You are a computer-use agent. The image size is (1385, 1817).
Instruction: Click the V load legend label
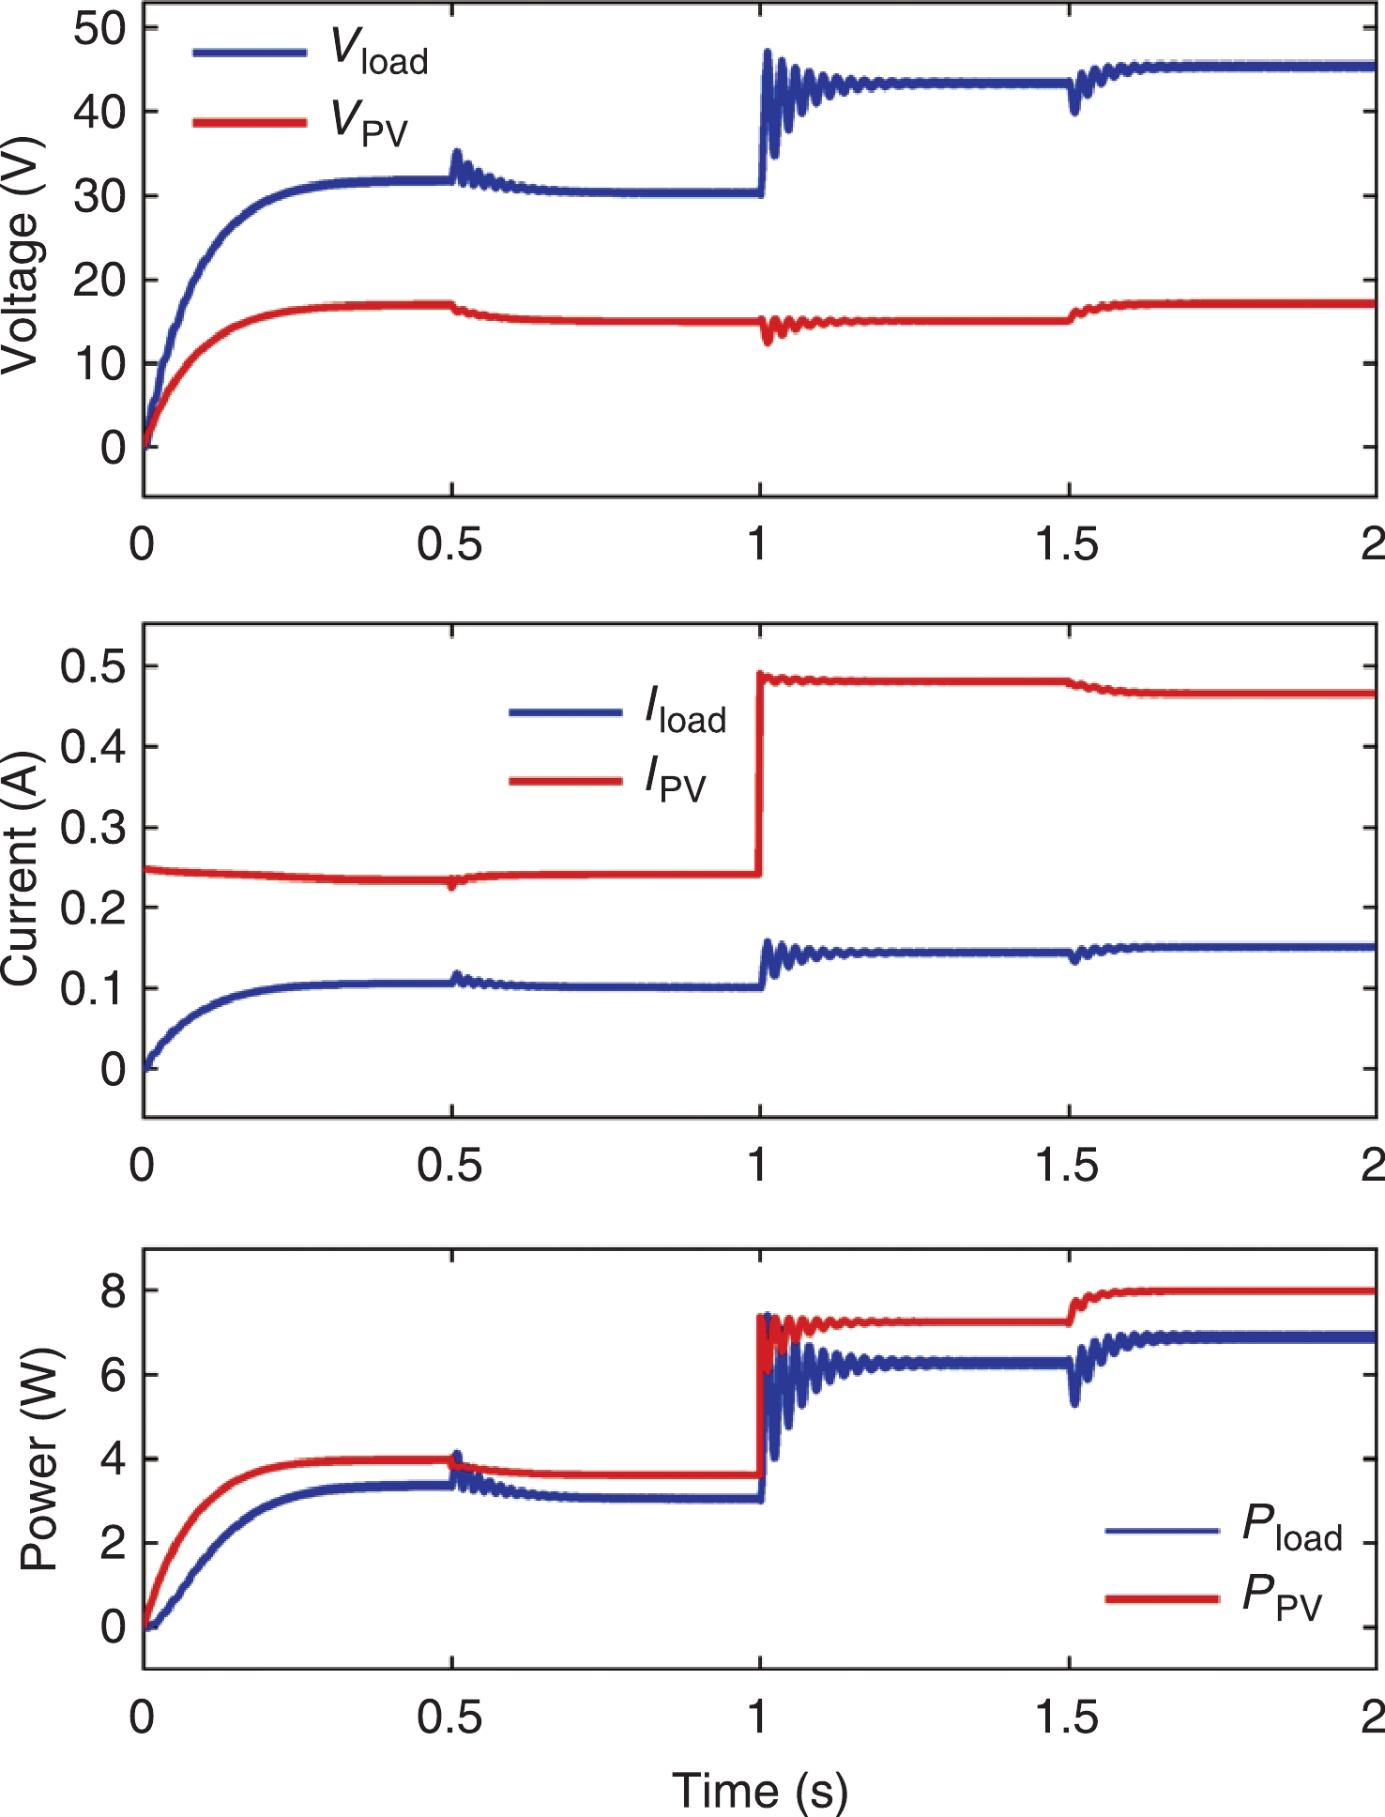pos(379,52)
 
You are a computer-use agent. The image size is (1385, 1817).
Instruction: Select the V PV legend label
pos(370,123)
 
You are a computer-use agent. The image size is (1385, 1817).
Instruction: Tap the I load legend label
pos(685,711)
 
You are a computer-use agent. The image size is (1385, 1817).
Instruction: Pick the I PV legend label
pos(675,780)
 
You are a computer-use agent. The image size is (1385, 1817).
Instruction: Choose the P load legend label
pos(1292,1527)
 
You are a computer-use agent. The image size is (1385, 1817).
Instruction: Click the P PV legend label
pos(1282,1596)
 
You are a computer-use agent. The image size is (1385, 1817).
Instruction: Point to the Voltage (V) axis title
pos(21,255)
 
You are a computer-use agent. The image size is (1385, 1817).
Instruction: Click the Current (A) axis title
pos(21,868)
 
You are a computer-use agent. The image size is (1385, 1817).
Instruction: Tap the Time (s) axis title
pos(760,1790)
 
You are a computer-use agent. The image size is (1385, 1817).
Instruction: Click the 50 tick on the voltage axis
pos(99,28)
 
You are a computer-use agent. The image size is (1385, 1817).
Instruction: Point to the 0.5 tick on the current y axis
pos(92,666)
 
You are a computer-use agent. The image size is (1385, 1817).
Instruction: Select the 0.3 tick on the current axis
pos(92,828)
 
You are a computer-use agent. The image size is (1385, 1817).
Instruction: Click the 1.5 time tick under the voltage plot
pos(1067,543)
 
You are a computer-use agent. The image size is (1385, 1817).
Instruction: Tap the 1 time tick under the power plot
pos(758,1717)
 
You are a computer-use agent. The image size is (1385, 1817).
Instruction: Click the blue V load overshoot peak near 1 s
pos(768,53)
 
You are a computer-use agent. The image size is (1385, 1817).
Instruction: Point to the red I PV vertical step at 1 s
pos(758,774)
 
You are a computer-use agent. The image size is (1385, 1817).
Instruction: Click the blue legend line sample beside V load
pos(250,53)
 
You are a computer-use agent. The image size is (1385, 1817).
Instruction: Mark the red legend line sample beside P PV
pos(1162,1597)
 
